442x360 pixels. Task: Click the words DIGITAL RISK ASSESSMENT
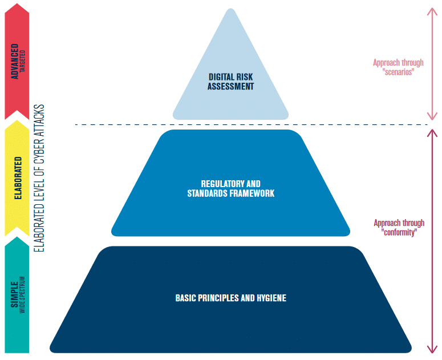[x=230, y=82]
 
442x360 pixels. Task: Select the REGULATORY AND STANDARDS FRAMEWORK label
[x=230, y=188]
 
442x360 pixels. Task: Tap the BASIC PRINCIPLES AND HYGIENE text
[x=230, y=298]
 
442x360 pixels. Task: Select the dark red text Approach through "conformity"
[x=399, y=228]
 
